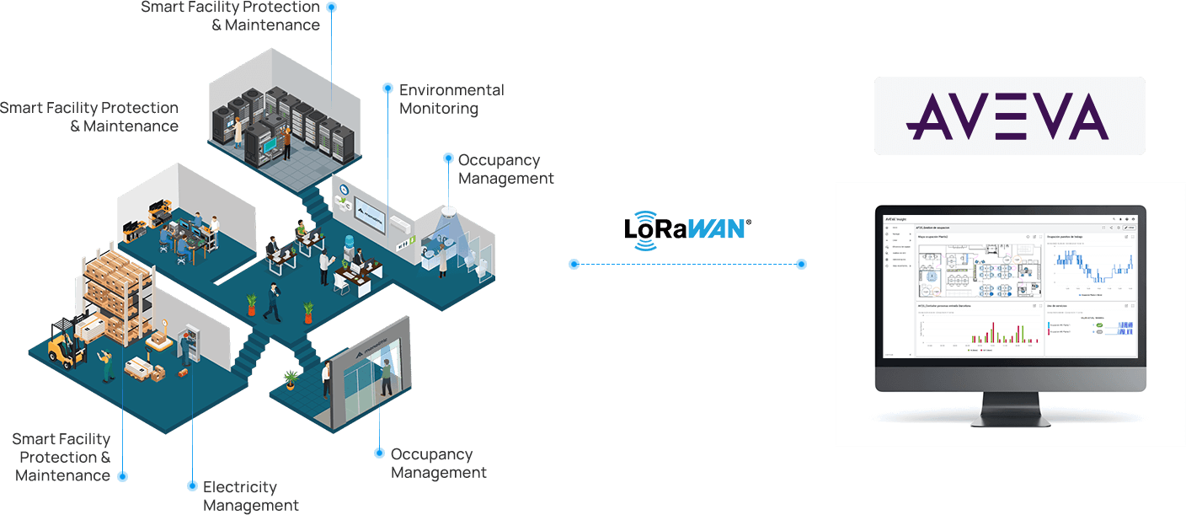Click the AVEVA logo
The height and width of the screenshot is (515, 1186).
pos(1008,116)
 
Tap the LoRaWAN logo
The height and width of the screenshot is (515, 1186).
pos(687,228)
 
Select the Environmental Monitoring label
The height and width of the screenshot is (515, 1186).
pos(451,99)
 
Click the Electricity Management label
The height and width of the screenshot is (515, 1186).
pos(250,496)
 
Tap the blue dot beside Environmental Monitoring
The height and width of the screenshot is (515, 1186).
pos(387,88)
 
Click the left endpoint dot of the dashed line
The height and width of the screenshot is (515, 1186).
pos(574,264)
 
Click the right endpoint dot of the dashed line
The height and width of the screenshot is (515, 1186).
pos(801,264)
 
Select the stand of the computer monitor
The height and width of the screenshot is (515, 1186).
pos(1010,408)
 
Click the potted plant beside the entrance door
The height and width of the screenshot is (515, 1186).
pos(291,380)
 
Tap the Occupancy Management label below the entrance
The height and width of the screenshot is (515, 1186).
pos(438,463)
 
